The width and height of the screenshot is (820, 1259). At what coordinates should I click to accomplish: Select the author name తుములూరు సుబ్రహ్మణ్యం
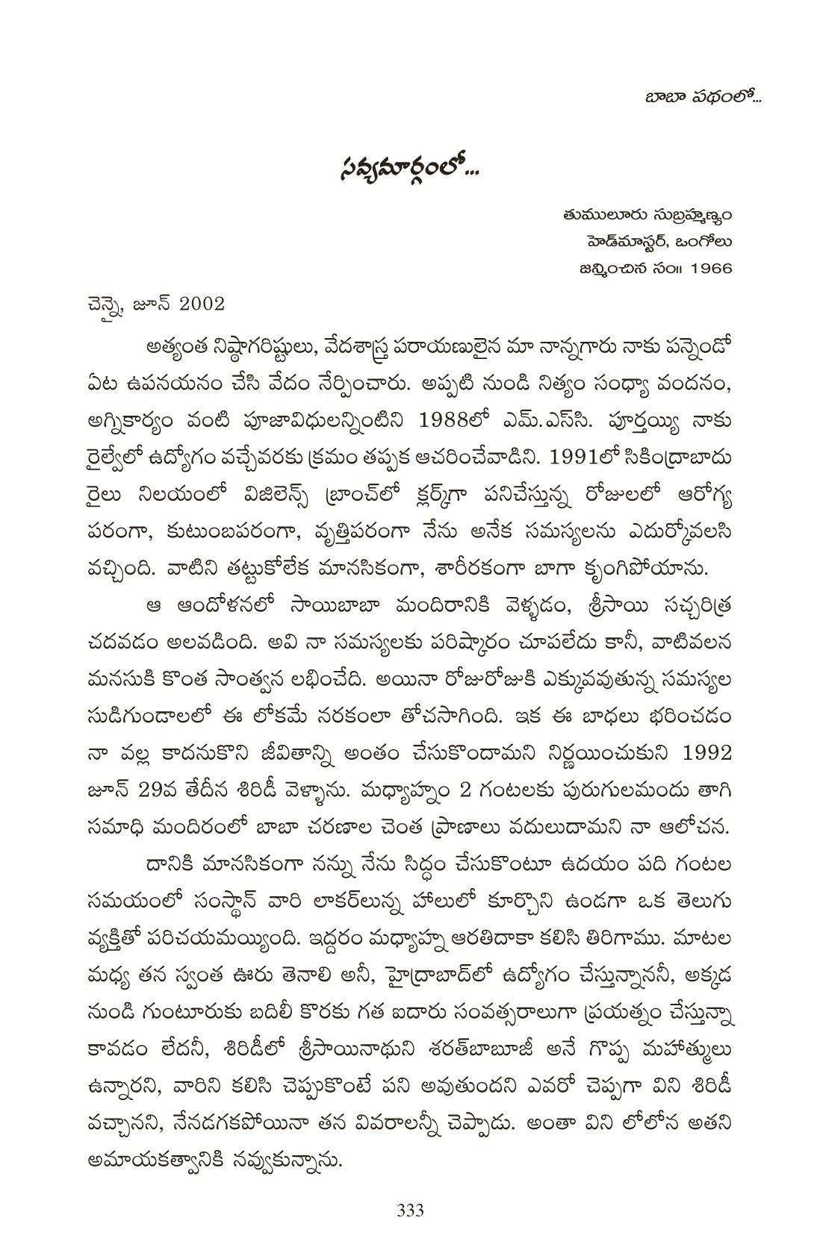point(648,216)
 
